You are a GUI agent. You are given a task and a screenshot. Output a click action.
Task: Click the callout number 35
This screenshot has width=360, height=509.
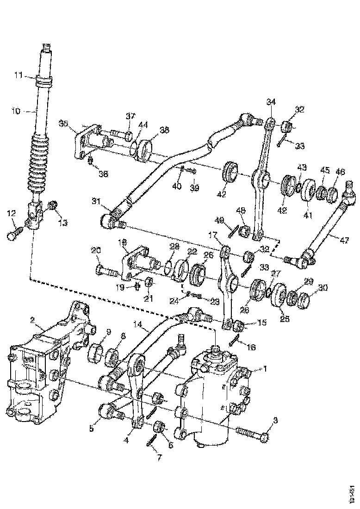tap(63, 123)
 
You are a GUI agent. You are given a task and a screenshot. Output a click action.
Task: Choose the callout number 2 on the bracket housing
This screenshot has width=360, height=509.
tap(32, 320)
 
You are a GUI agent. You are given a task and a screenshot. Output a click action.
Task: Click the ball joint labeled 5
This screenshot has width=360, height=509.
tap(108, 410)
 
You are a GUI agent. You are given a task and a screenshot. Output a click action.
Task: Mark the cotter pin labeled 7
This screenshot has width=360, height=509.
tap(150, 442)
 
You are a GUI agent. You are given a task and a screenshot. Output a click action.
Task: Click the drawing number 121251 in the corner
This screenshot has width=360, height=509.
tap(352, 491)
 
